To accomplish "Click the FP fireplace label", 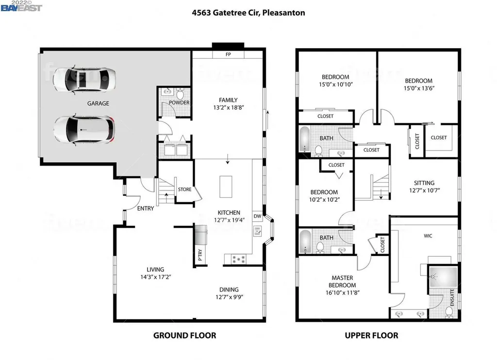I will (228, 54).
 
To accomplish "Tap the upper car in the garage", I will (84, 80).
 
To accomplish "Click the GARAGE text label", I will (98, 103).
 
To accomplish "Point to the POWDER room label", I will (179, 103).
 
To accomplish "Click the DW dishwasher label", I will (257, 216).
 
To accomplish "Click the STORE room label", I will (184, 189).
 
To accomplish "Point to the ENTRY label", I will (146, 208).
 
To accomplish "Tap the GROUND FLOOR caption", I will (184, 335).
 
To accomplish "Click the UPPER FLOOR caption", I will (371, 335).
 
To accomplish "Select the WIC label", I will (428, 236).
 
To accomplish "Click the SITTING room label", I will (424, 183).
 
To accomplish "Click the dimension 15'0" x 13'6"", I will (418, 88).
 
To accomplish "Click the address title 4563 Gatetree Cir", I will (248, 13).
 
